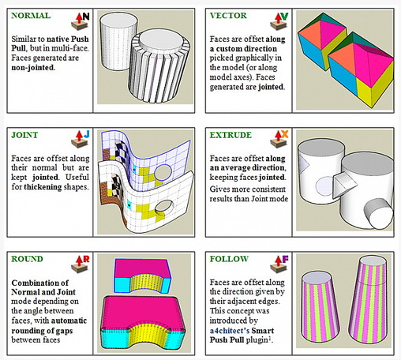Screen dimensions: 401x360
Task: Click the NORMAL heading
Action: click(31, 16)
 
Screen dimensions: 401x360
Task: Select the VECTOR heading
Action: click(228, 16)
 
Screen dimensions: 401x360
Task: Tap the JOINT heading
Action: click(24, 135)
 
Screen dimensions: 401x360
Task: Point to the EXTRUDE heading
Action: click(230, 135)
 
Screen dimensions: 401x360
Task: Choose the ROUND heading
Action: click(27, 259)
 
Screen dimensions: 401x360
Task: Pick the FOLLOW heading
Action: click(229, 259)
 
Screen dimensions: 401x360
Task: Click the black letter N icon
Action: click(86, 17)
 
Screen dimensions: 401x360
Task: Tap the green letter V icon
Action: click(284, 17)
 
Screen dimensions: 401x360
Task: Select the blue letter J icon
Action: click(87, 134)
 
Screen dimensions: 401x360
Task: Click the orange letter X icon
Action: click(284, 134)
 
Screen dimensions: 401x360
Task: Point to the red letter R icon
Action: click(86, 259)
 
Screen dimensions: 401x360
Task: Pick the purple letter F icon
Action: click(285, 260)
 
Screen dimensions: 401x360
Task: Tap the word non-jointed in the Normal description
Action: click(33, 68)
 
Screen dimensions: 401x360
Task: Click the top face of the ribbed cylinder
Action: click(161, 40)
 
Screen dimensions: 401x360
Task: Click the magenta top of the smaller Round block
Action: click(141, 268)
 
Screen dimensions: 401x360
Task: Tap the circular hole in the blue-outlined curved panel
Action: click(163, 172)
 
